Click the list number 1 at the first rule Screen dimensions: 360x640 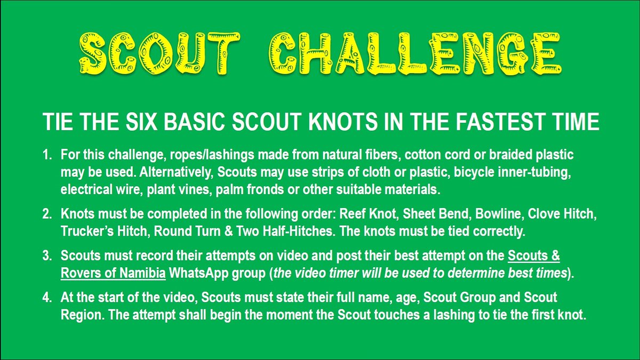click(x=46, y=154)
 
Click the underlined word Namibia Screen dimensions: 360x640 click(x=146, y=273)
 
